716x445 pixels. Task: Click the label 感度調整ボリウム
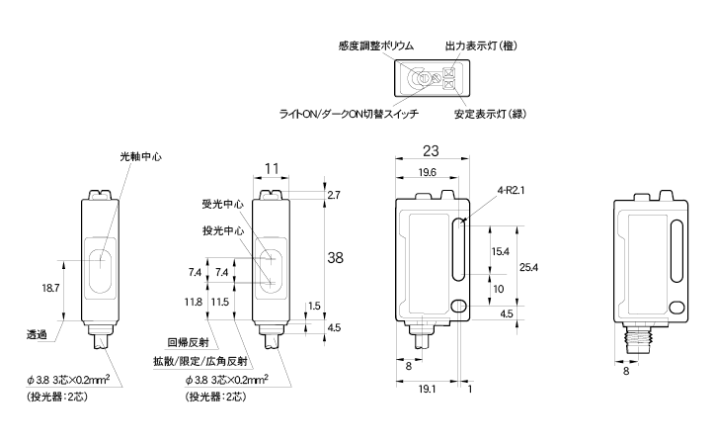(x=374, y=45)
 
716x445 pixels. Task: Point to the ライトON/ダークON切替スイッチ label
(x=349, y=114)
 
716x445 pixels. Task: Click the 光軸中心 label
(x=140, y=156)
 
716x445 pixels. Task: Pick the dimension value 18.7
(x=51, y=288)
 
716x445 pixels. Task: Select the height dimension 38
(x=335, y=258)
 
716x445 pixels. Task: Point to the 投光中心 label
(x=221, y=230)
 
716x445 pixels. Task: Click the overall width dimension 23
(x=431, y=150)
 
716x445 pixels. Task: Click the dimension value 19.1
(x=428, y=390)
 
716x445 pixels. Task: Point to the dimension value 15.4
(x=500, y=252)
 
